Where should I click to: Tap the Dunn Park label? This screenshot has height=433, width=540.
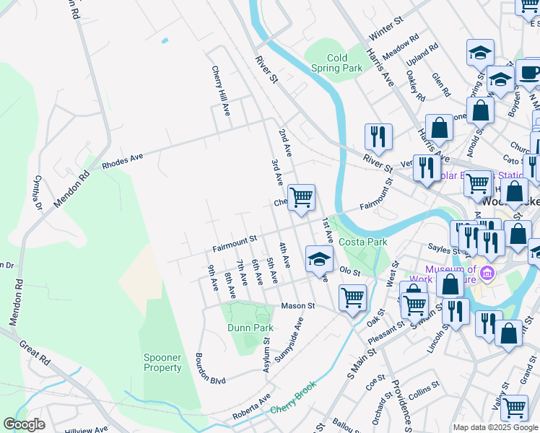pyautogui.click(x=251, y=328)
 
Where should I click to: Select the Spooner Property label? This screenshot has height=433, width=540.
pyautogui.click(x=162, y=362)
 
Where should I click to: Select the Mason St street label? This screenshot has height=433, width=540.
pyautogui.click(x=298, y=305)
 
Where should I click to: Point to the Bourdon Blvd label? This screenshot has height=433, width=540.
pyautogui.click(x=210, y=369)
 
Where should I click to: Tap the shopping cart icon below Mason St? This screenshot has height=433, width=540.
pyautogui.click(x=352, y=297)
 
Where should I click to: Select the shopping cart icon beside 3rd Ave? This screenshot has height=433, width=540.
pyautogui.click(x=301, y=196)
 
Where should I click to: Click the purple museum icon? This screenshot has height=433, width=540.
pyautogui.click(x=487, y=274)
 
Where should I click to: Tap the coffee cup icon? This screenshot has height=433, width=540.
pyautogui.click(x=528, y=72)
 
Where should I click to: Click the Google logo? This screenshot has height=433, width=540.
pyautogui.click(x=24, y=425)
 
